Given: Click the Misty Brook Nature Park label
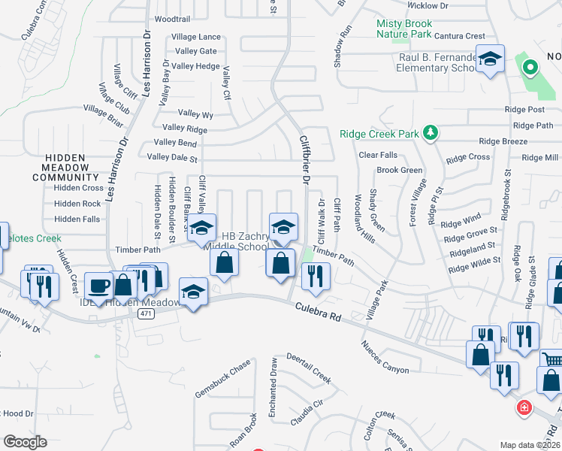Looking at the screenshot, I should click(x=404, y=29).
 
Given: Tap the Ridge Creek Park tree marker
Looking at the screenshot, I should click(x=430, y=133).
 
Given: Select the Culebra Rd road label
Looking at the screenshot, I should click(x=318, y=312).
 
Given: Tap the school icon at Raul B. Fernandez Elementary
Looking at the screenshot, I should click(x=490, y=60).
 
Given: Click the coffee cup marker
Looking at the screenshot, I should click(x=100, y=285).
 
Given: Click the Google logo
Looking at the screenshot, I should click(x=26, y=441).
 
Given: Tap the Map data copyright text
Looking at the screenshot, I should click(x=530, y=445).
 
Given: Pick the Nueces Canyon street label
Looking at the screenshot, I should click(x=385, y=357).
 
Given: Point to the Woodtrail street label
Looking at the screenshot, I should click(x=172, y=18).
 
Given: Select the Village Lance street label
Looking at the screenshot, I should click(x=196, y=37).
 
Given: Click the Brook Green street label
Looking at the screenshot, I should click(x=400, y=170).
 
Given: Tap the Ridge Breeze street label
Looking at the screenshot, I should click(x=503, y=141).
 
